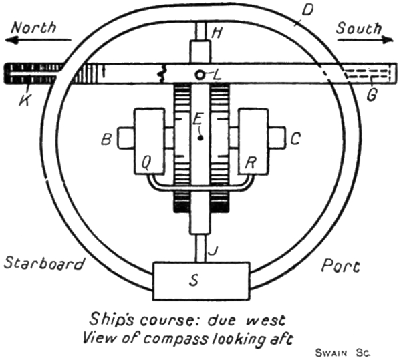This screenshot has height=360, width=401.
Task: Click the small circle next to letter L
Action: (200, 74)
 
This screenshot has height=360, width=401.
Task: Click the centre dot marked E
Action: (199, 137)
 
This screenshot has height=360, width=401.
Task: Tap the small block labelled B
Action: (127, 140)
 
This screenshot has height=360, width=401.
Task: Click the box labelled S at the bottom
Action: (201, 281)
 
